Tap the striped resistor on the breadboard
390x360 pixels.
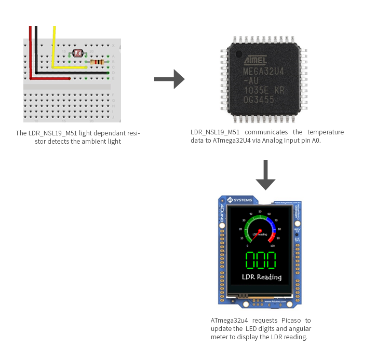pos(97,62)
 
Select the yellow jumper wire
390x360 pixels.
pos(53,47)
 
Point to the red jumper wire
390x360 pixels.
pos(31,52)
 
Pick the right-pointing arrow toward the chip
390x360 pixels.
pos(169,79)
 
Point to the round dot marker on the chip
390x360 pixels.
pos(239,53)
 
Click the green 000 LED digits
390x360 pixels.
pos(261,260)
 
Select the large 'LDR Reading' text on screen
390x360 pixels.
pos(262,277)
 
